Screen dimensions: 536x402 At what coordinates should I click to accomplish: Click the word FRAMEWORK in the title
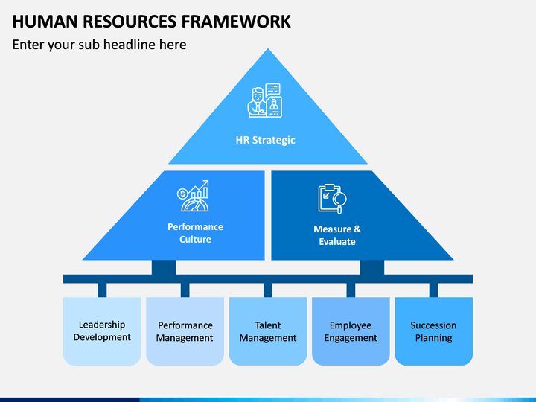pyautogui.click(x=235, y=21)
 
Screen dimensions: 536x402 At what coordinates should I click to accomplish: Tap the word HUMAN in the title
pyautogui.click(x=45, y=21)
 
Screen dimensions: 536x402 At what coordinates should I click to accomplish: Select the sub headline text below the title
pyautogui.click(x=100, y=45)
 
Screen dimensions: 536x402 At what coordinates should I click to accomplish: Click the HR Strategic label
pyautogui.click(x=265, y=140)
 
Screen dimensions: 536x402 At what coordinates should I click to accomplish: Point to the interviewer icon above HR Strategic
pyautogui.click(x=264, y=100)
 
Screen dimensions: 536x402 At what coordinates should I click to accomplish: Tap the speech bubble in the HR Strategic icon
pyautogui.click(x=272, y=89)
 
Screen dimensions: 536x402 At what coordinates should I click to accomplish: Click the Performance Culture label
pyautogui.click(x=195, y=233)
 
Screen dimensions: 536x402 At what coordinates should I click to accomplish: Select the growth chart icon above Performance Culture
pyautogui.click(x=193, y=196)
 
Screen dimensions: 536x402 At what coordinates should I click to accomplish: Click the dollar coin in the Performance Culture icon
pyautogui.click(x=182, y=194)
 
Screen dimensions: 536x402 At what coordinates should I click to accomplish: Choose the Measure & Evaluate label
pyautogui.click(x=337, y=235)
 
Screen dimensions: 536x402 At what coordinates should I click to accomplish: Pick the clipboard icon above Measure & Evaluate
pyautogui.click(x=332, y=199)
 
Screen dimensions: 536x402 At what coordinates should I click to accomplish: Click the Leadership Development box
pyautogui.click(x=102, y=331)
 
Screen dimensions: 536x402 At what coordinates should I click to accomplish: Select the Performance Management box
pyautogui.click(x=185, y=331)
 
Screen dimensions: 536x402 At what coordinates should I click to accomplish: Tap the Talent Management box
pyautogui.click(x=268, y=331)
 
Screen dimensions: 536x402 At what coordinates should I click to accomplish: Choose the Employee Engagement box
pyautogui.click(x=351, y=331)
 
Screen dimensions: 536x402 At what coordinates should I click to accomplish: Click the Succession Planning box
pyautogui.click(x=434, y=331)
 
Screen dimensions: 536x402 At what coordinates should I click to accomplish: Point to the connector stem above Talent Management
pyautogui.click(x=268, y=290)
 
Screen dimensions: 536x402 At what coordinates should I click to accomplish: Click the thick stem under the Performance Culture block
pyautogui.click(x=164, y=267)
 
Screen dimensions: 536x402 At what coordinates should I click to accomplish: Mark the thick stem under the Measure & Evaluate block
pyautogui.click(x=372, y=267)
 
